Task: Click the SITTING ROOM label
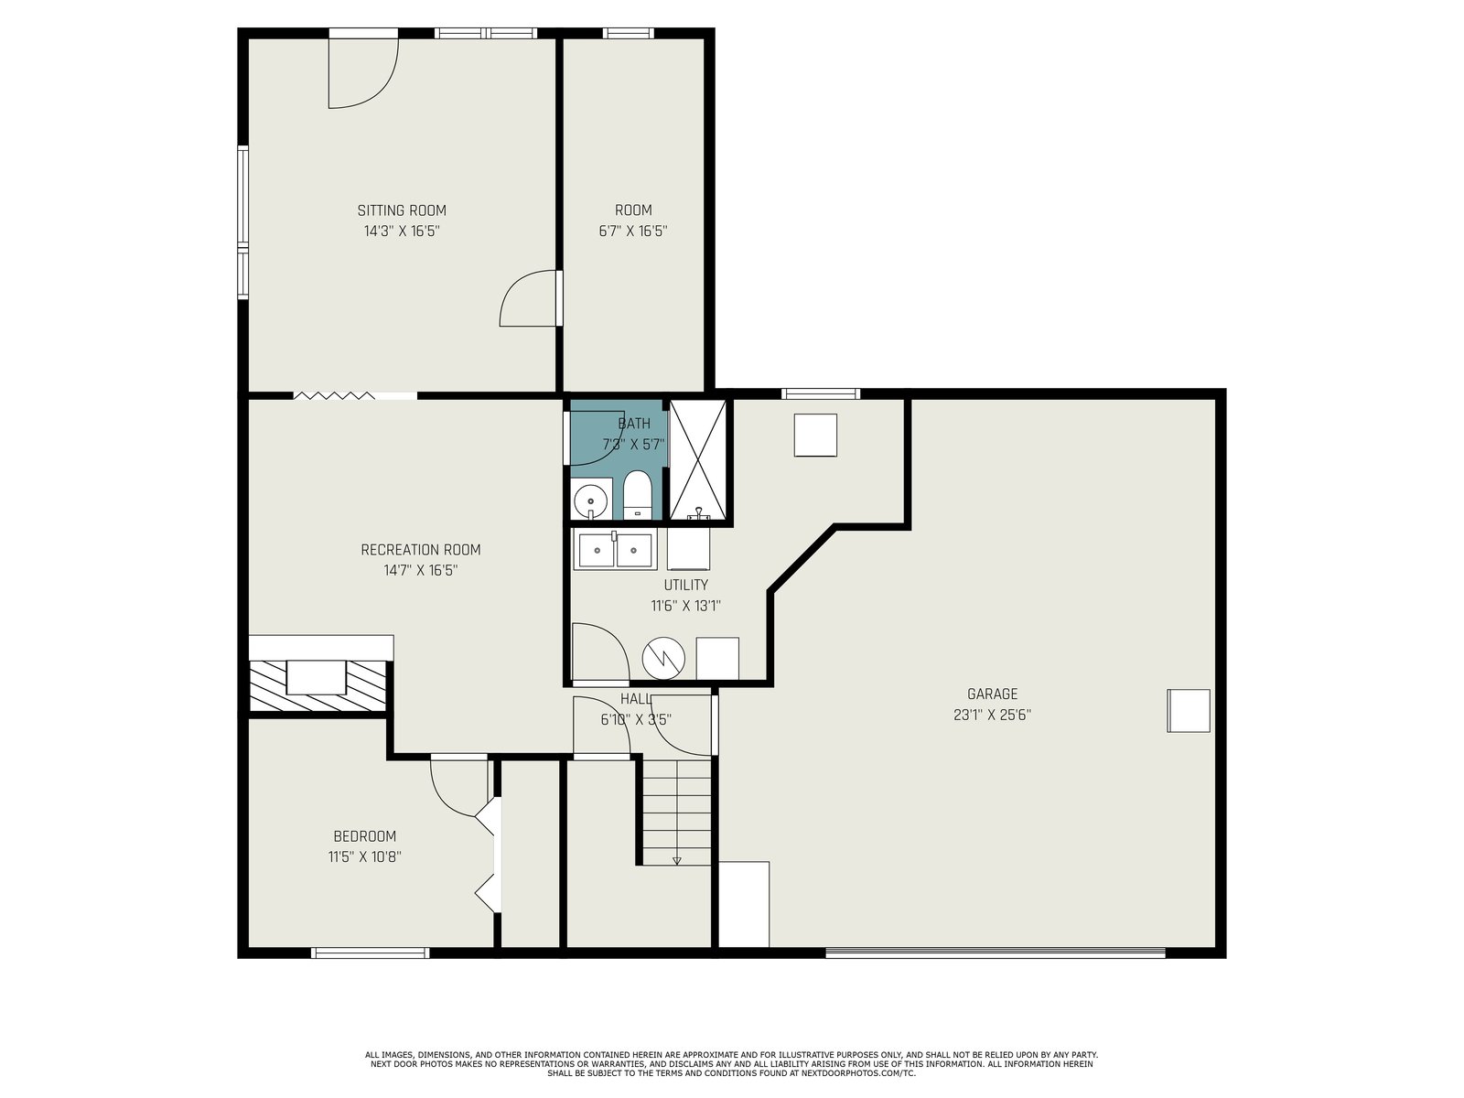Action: [402, 210]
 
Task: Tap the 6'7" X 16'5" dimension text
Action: [633, 231]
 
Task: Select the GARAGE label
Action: [993, 694]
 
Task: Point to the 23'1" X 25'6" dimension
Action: [993, 715]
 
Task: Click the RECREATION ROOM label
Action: [421, 550]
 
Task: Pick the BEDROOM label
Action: [365, 836]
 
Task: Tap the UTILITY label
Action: [685, 585]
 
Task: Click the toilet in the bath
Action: [637, 495]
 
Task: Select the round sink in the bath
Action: [591, 499]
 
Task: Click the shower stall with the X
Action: [698, 459]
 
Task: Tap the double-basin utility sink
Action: [615, 549]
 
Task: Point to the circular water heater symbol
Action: [663, 659]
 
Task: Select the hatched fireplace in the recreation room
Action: [318, 686]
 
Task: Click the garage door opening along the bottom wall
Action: [996, 953]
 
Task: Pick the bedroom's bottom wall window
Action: [371, 953]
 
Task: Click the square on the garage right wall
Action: [1188, 711]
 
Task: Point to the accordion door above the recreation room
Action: [334, 395]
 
